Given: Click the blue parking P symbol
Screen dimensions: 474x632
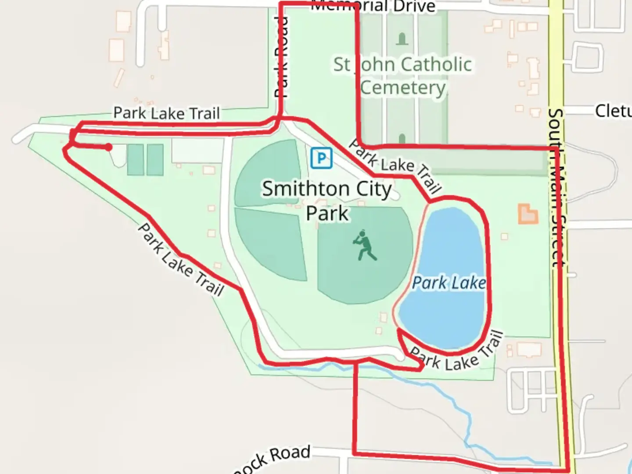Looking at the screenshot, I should click(321, 158).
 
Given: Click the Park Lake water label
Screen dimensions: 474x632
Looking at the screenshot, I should click(449, 283).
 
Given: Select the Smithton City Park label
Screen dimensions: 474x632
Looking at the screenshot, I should click(327, 201).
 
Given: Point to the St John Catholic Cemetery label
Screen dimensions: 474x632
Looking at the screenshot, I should click(402, 76).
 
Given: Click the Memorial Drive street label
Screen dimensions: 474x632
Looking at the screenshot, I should click(373, 6).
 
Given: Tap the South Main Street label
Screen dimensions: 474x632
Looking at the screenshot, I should click(556, 189).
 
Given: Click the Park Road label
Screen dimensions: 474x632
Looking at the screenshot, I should click(281, 57).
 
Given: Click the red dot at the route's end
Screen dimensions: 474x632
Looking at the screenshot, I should click(108, 147).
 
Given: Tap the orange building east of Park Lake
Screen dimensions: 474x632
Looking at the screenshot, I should click(528, 214).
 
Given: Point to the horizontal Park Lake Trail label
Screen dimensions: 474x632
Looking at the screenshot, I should click(166, 113).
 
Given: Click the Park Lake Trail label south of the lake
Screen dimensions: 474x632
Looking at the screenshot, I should click(456, 353).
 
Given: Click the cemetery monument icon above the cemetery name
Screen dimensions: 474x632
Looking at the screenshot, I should click(402, 39).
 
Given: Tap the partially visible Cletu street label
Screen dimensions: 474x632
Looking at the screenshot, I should click(613, 111).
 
